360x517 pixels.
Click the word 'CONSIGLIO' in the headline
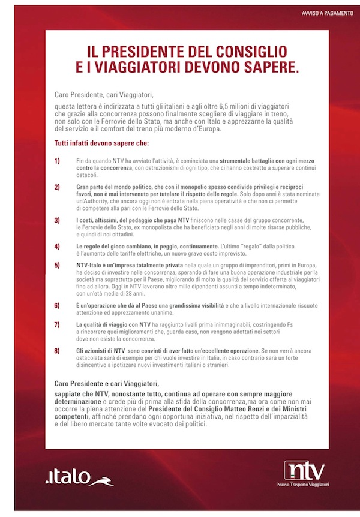tap(244, 51)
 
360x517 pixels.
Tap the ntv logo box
tap(306, 468)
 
